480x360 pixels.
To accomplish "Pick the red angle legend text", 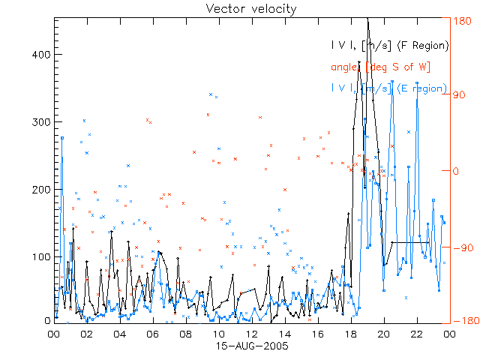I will (x=381, y=67).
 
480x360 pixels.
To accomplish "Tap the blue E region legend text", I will (x=388, y=88).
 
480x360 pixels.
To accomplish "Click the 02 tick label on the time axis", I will (x=87, y=334).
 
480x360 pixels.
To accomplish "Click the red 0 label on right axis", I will (x=457, y=171).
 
